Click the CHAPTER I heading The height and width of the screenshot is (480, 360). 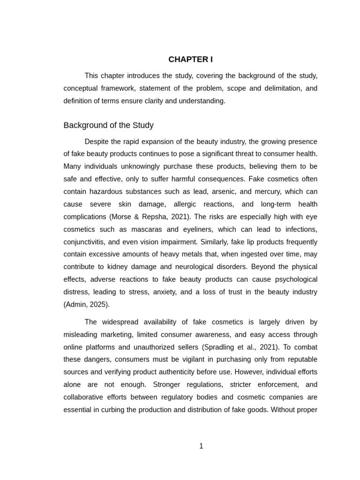click(x=190, y=60)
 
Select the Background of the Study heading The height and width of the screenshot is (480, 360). click(x=108, y=126)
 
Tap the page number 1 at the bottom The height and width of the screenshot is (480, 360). click(x=201, y=446)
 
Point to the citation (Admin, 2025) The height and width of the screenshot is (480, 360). click(x=86, y=305)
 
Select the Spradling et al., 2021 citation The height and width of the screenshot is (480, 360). click(x=232, y=347)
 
